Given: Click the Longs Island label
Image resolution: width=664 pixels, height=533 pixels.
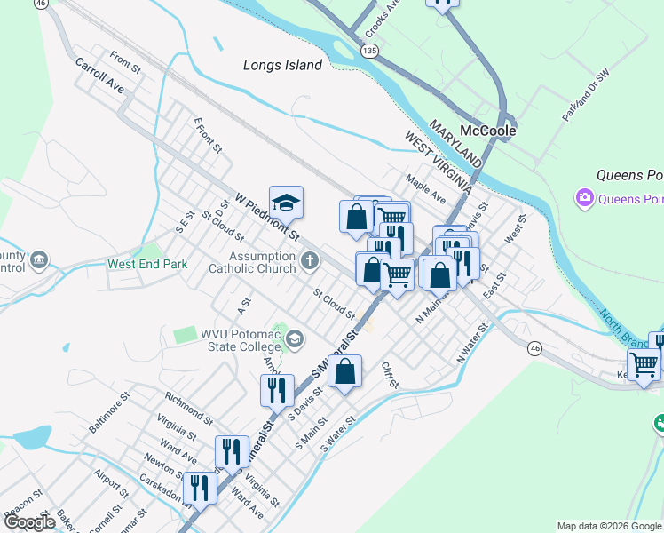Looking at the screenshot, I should [x=282, y=65].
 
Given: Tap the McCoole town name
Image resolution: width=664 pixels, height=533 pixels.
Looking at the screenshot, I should [x=487, y=130].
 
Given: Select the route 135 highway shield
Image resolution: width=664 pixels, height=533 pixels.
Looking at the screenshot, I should [x=369, y=52].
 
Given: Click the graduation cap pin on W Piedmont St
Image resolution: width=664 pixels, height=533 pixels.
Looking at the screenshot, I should [x=286, y=203].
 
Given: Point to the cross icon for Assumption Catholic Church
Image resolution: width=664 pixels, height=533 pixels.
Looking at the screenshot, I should [x=309, y=260].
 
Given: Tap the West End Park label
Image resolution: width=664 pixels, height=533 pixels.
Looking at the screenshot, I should [x=147, y=264].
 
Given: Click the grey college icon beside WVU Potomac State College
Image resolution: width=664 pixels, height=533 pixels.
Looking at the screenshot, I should [x=294, y=338].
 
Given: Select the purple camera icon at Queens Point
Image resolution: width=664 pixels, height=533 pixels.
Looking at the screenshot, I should [x=584, y=197].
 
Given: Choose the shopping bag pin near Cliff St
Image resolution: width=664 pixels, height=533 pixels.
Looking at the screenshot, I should [x=345, y=370].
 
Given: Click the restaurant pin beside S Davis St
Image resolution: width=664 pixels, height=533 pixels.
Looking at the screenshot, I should [x=277, y=389].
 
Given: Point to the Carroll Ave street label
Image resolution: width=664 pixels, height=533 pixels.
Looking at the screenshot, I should [x=99, y=77].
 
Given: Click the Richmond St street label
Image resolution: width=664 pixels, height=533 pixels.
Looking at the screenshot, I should [x=187, y=406].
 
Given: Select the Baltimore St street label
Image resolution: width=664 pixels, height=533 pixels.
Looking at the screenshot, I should [x=109, y=411].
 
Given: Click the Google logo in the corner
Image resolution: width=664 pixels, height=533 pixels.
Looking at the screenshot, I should [x=28, y=521].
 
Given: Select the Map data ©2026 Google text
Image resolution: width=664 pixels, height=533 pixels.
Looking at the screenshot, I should [x=609, y=526].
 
